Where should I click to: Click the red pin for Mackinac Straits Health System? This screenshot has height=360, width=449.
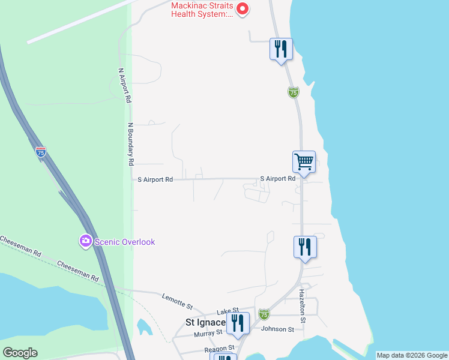243,9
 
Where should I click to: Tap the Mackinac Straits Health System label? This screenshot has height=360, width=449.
202,10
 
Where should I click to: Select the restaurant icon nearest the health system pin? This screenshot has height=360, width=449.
281,49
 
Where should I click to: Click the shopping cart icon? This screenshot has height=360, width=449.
304,161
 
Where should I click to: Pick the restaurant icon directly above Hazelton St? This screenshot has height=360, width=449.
305,247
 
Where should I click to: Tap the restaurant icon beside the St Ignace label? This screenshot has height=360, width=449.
238,323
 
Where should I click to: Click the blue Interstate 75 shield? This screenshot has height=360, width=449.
40,152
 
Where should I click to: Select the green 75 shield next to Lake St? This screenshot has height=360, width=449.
264,314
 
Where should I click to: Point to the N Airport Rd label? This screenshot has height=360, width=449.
124,85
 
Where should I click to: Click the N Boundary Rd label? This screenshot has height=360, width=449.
130,144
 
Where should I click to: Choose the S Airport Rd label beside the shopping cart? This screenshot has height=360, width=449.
278,179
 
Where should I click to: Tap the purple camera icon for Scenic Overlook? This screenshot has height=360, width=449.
85,241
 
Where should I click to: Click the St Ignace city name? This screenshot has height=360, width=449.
205,322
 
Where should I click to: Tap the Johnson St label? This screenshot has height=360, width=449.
277,329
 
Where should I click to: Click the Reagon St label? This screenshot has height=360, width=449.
218,348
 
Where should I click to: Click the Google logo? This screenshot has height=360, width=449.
20,353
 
